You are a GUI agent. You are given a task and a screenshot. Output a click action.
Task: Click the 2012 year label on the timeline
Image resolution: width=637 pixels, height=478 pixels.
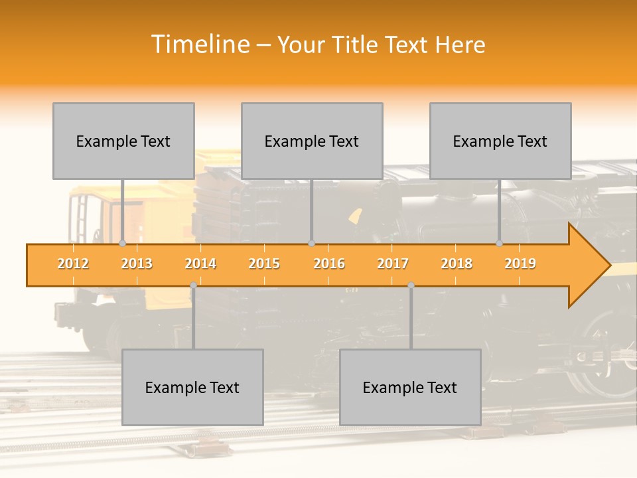(73, 264)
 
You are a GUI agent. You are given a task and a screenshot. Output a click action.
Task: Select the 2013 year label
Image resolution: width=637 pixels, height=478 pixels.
(137, 264)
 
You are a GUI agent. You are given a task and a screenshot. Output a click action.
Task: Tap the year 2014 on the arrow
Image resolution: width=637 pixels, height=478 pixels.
(200, 264)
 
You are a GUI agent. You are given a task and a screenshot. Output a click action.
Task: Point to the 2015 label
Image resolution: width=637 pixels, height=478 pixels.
(264, 264)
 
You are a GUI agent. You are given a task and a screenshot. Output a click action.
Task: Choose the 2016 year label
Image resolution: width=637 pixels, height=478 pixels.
(329, 264)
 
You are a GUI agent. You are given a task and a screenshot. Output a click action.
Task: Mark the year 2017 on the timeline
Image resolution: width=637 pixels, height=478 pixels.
(393, 264)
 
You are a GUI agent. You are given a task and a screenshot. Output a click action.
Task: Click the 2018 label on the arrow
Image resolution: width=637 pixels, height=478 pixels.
(457, 264)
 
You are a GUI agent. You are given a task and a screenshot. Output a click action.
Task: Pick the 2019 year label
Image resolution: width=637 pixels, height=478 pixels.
(520, 264)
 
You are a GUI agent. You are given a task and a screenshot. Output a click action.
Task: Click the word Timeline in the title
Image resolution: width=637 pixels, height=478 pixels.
(199, 44)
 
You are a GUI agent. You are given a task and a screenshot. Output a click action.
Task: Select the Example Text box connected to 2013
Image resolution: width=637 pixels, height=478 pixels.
(123, 141)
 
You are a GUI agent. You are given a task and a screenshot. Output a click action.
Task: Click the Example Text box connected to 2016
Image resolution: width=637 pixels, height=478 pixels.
(312, 141)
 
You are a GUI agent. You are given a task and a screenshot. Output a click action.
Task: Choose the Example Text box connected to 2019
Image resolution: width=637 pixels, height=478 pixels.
(500, 141)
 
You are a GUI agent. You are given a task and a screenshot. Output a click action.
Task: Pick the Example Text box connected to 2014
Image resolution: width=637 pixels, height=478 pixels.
(192, 387)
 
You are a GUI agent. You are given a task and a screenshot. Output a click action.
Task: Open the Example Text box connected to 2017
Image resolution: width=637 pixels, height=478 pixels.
(410, 387)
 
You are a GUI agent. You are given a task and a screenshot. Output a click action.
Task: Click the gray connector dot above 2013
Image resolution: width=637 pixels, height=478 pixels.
(122, 244)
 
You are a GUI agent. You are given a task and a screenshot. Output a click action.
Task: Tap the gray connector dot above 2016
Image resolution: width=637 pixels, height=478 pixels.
(311, 244)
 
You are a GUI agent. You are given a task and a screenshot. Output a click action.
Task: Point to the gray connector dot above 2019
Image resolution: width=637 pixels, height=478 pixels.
(500, 244)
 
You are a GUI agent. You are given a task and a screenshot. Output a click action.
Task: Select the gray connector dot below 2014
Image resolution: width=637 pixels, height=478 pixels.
(193, 285)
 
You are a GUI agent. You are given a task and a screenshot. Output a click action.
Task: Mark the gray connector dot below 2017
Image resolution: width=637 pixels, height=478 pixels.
(411, 285)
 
